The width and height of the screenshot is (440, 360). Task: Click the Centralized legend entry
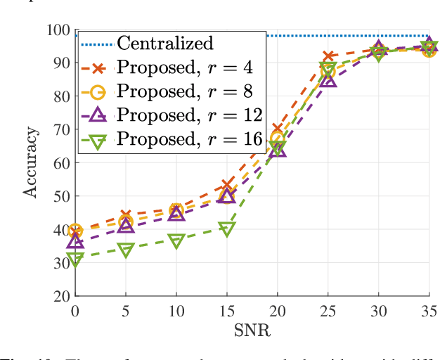tap(164, 43)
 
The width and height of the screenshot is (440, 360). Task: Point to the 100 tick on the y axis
tap(58, 30)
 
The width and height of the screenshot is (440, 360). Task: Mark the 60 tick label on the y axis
tap(62, 163)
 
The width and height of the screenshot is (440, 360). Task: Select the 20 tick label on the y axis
tap(62, 296)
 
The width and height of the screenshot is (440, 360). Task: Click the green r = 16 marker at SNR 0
tap(75, 259)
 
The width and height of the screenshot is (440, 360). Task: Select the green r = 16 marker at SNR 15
tap(226, 229)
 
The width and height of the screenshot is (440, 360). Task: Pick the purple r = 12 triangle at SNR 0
tap(75, 242)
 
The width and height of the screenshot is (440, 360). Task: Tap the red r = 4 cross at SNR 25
tap(328, 56)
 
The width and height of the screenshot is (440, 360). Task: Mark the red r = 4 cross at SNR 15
tap(226, 186)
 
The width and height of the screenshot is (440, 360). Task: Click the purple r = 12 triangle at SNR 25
tap(328, 79)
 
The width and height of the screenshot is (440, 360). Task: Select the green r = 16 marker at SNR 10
tap(176, 241)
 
